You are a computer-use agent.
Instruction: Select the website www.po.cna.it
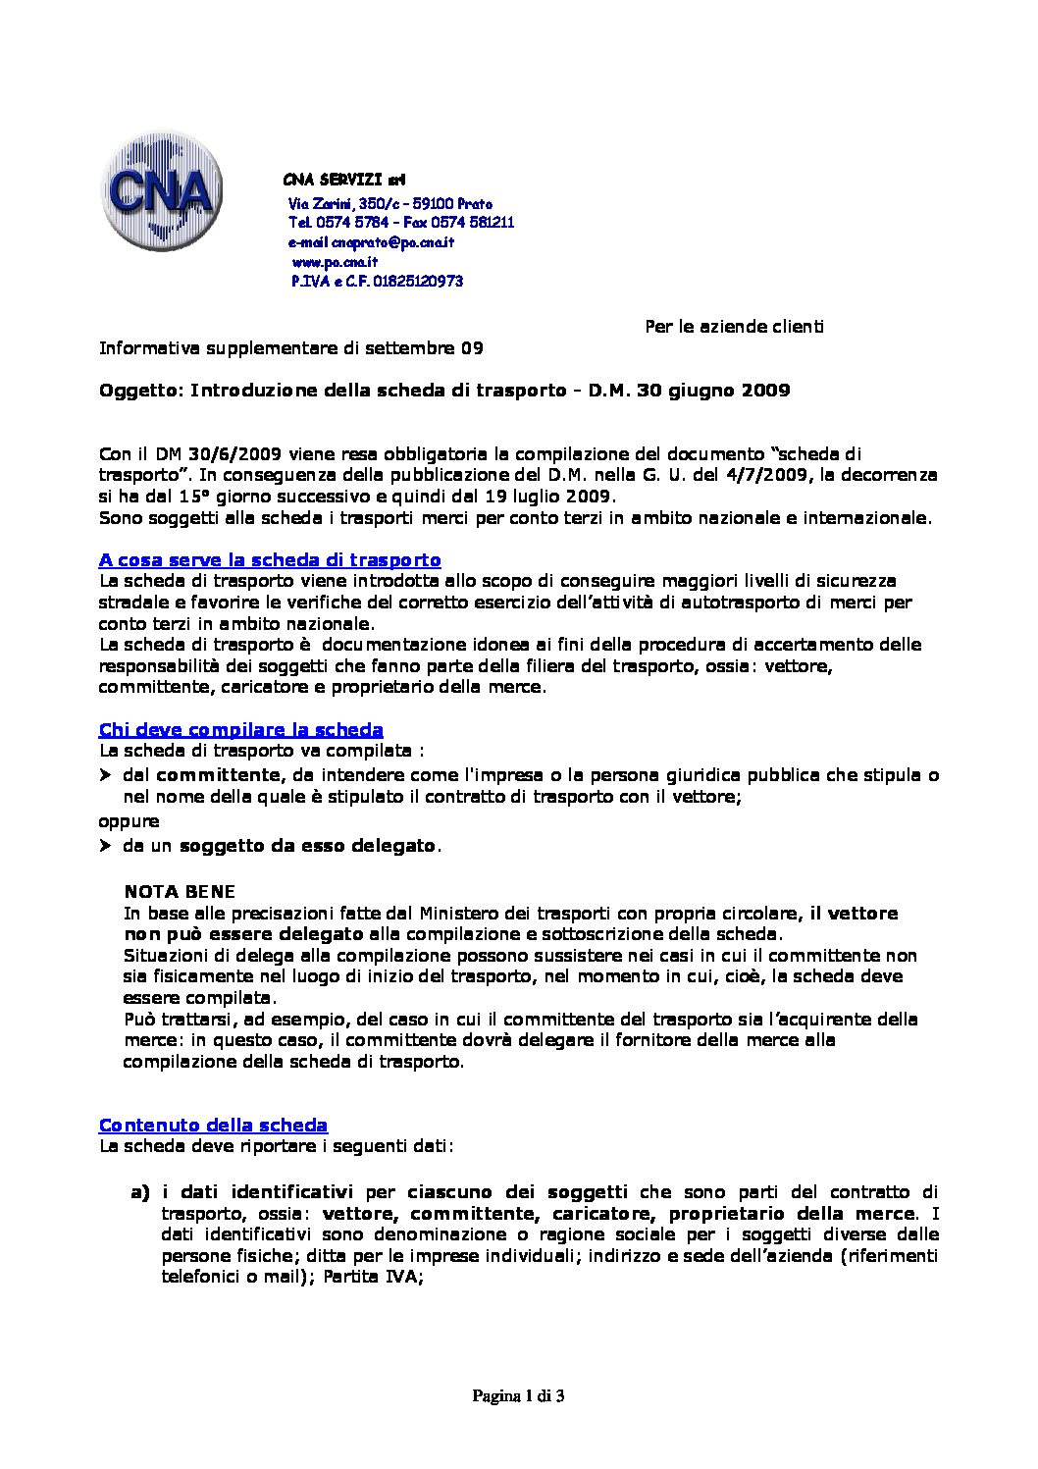[x=336, y=262]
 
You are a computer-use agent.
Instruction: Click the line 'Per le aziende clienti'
[x=734, y=326]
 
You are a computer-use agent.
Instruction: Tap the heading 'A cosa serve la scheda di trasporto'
[x=270, y=560]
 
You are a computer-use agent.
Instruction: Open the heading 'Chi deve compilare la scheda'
[x=240, y=729]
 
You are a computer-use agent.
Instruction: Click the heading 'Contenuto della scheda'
[x=213, y=1125]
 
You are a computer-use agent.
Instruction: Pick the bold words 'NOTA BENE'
[x=181, y=892]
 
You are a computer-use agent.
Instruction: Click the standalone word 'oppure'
[x=129, y=820]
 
